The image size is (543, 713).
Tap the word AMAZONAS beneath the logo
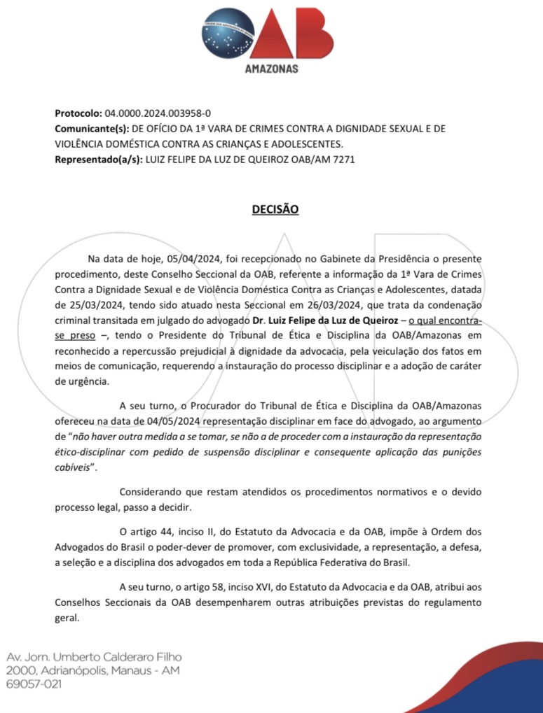click(x=272, y=69)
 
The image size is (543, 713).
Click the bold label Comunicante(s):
click(x=91, y=129)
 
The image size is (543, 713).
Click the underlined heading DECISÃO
click(x=275, y=209)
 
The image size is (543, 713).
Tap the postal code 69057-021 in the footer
click(x=33, y=684)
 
